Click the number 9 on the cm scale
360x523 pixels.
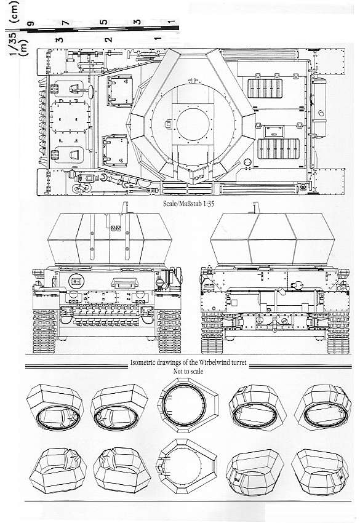point(32,23)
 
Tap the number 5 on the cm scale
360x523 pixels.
point(104,22)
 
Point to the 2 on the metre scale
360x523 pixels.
point(108,39)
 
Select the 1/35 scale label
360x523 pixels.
point(14,47)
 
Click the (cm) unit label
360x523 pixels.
point(14,12)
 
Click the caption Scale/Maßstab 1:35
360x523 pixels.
point(188,204)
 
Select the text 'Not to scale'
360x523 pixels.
point(188,371)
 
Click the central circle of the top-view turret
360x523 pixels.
point(193,124)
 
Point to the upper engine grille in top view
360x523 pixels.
point(265,89)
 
